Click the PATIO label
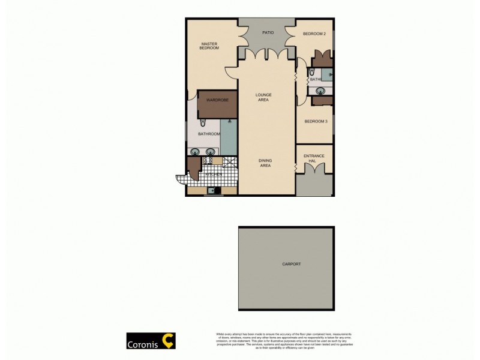tap(268, 32)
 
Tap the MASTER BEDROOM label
tap(209, 46)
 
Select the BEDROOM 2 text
tap(314, 34)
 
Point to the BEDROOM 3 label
tap(316, 121)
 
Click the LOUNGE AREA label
tap(263, 97)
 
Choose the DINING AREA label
tap(265, 163)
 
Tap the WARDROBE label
tap(217, 100)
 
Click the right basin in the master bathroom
tap(211, 151)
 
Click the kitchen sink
tap(211, 191)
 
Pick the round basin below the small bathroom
tap(321, 91)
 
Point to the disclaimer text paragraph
tap(280, 341)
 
